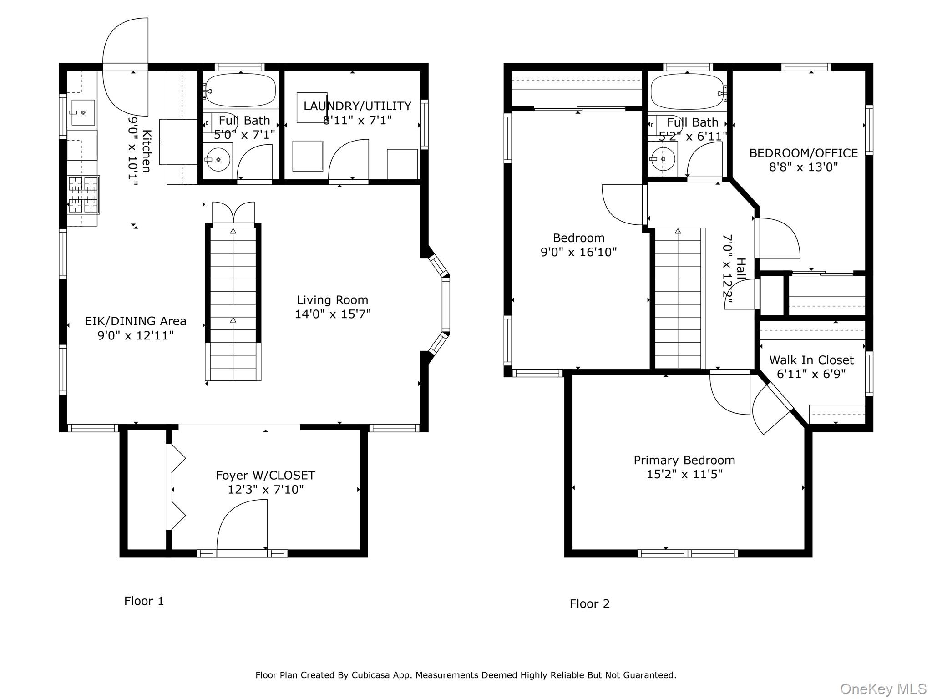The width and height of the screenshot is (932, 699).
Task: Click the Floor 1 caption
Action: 144,601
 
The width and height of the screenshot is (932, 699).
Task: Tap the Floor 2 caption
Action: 589,603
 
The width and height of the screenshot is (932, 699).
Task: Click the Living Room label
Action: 332,300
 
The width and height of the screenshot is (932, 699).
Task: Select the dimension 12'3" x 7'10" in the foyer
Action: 265,490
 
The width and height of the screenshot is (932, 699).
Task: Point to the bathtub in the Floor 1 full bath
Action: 240,90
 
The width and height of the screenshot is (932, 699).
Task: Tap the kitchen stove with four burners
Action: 83,195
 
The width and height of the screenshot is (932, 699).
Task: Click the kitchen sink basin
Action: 83,112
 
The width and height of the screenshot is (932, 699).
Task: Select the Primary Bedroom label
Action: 684,460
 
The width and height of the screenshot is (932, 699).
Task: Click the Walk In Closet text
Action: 811,360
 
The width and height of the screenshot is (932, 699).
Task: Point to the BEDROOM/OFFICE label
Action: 803,153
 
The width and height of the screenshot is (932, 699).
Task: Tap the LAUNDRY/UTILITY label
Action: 357,106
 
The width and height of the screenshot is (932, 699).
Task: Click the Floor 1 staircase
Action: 233,300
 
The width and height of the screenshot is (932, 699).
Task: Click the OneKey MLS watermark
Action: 883,689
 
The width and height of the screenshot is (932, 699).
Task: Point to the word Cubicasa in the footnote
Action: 370,675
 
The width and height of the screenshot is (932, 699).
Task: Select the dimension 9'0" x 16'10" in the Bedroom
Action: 578,252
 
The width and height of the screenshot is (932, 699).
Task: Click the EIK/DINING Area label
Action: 136,321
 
